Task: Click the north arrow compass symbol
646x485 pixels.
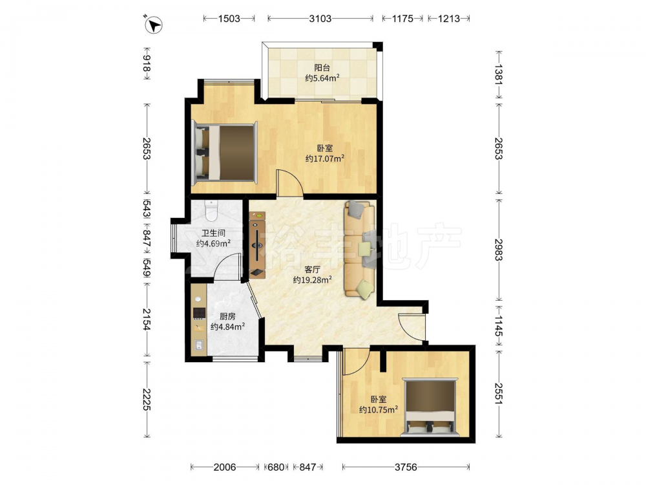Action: click(154, 25)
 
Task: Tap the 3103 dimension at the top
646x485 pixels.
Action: click(320, 19)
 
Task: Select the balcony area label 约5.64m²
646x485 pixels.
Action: click(322, 78)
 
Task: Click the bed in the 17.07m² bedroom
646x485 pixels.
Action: click(225, 153)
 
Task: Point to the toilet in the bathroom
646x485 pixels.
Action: click(211, 210)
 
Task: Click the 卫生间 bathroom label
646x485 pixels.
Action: click(213, 233)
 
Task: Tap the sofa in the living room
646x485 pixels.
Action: click(360, 248)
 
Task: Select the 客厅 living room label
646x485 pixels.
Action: click(312, 270)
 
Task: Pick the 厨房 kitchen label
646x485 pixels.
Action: click(227, 316)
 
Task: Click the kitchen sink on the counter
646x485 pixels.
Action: click(199, 345)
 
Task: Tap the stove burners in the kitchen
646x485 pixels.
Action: click(200, 314)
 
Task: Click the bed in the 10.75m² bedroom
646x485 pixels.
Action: click(430, 407)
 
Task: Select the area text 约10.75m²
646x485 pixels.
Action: click(378, 409)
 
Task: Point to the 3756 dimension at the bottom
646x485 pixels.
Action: click(406, 467)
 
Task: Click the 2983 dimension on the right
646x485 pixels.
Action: click(498, 250)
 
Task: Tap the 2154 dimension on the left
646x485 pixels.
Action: click(147, 319)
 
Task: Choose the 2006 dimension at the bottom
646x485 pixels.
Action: click(225, 467)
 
